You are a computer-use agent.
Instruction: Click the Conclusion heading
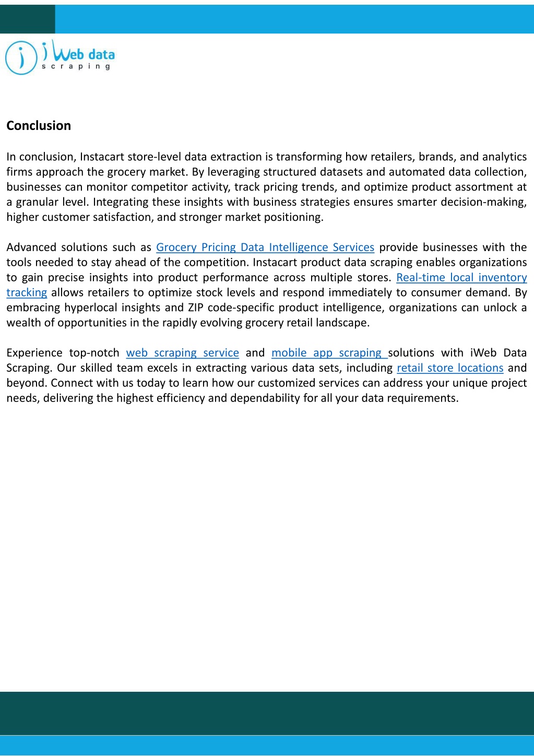pyautogui.click(x=39, y=126)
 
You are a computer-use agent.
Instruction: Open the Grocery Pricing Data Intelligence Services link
pyautogui.click(x=265, y=247)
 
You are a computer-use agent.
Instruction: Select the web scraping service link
pyautogui.click(x=183, y=353)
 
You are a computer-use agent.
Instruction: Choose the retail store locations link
pyautogui.click(x=450, y=368)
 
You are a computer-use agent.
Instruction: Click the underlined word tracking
pyautogui.click(x=27, y=293)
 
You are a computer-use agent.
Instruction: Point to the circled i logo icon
pyautogui.click(x=21, y=58)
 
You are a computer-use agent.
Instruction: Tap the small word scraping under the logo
pyautogui.click(x=76, y=67)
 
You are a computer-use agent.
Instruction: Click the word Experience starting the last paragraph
pyautogui.click(x=34, y=353)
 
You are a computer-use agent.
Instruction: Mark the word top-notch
pyautogui.click(x=94, y=353)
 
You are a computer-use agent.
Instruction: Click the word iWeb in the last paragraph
pyautogui.click(x=483, y=353)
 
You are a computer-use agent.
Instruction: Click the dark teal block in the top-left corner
pyautogui.click(x=27, y=19)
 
